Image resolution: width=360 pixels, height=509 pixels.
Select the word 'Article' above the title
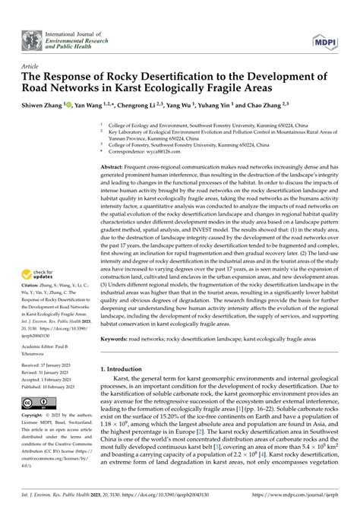pyautogui.click(x=32, y=66)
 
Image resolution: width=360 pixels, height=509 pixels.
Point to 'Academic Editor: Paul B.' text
pyautogui.click(x=51, y=343)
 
